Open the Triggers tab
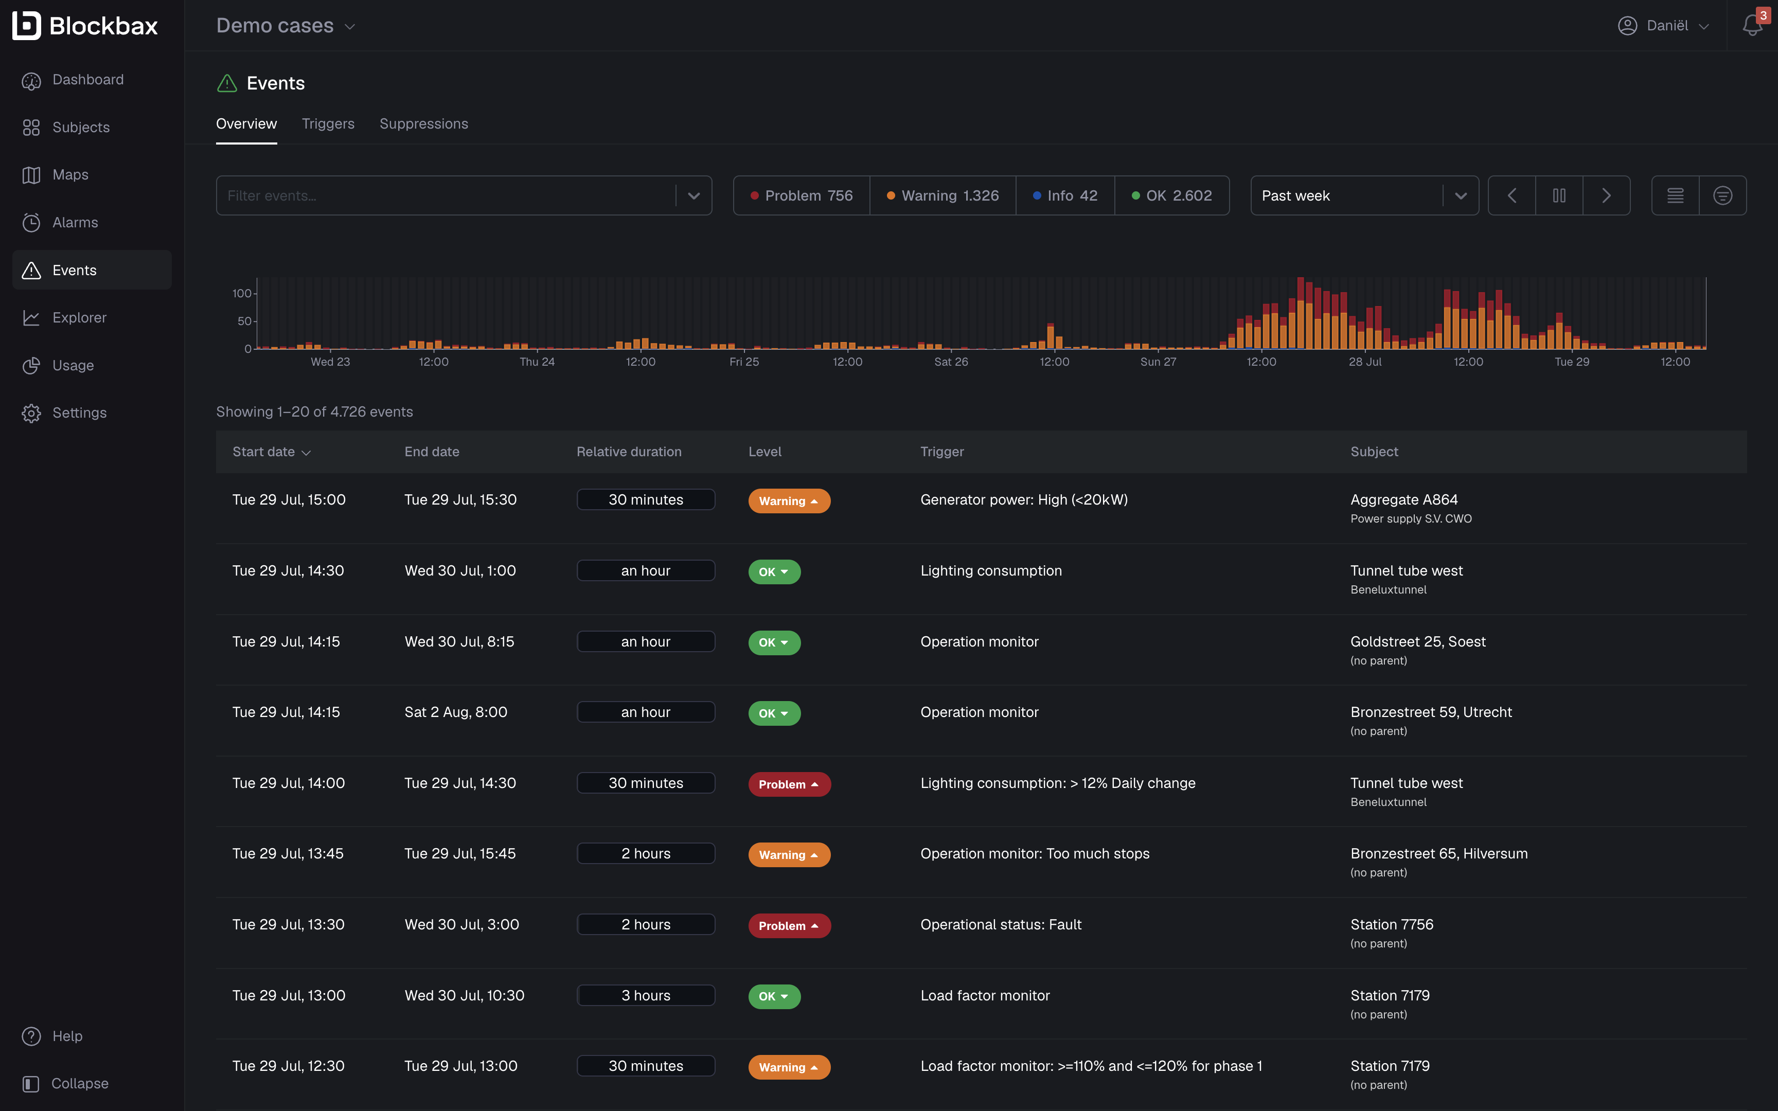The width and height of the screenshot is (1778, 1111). (328, 123)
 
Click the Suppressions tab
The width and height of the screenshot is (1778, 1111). (423, 123)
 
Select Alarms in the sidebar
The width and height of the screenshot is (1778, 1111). (75, 222)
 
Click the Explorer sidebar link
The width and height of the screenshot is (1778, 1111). (79, 317)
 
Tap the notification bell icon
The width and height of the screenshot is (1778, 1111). (1752, 26)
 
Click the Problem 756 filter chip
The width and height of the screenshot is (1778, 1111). (801, 195)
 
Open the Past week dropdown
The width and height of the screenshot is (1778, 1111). (1364, 195)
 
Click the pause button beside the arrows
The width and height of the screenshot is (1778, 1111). (1558, 195)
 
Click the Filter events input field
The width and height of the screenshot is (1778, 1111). (444, 195)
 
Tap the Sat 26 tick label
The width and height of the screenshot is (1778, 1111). (951, 362)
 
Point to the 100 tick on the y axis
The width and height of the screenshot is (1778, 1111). (242, 293)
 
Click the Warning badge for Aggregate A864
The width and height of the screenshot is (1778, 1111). (788, 501)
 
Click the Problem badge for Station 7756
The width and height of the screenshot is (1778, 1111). (788, 926)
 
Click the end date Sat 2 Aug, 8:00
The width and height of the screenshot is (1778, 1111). (455, 712)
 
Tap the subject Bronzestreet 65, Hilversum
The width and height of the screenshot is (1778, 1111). (1438, 854)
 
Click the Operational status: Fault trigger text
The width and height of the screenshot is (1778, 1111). (1000, 924)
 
